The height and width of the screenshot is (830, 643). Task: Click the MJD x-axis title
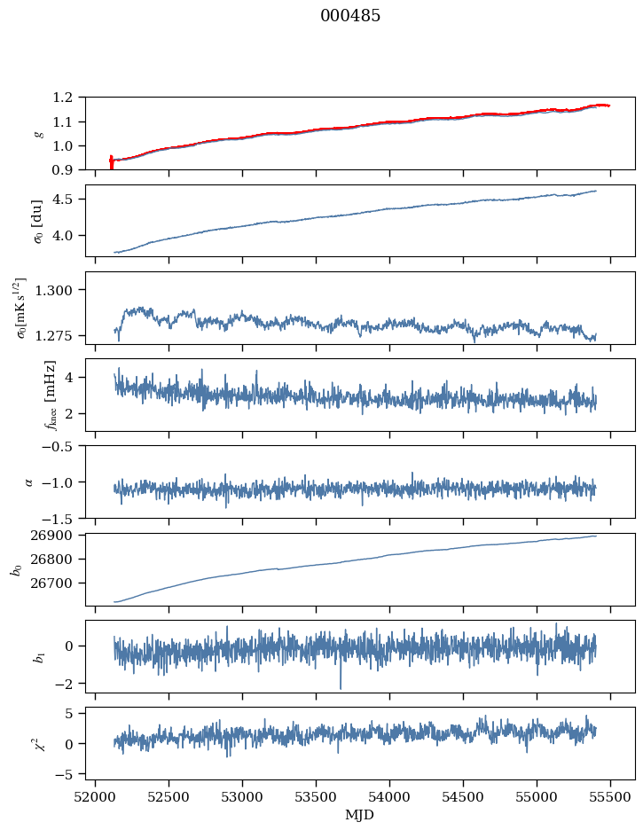(x=360, y=814)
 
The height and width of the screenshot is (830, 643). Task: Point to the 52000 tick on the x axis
(x=97, y=796)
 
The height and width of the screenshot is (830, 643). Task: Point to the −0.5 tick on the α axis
(x=62, y=446)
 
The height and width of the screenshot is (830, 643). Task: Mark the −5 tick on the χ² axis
(x=67, y=774)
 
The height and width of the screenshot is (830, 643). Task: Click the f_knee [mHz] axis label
(x=51, y=395)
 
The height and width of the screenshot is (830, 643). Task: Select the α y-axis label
(x=28, y=482)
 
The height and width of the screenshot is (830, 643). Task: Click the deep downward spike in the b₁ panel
(x=340, y=687)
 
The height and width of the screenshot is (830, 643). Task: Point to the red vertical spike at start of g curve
(x=111, y=162)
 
